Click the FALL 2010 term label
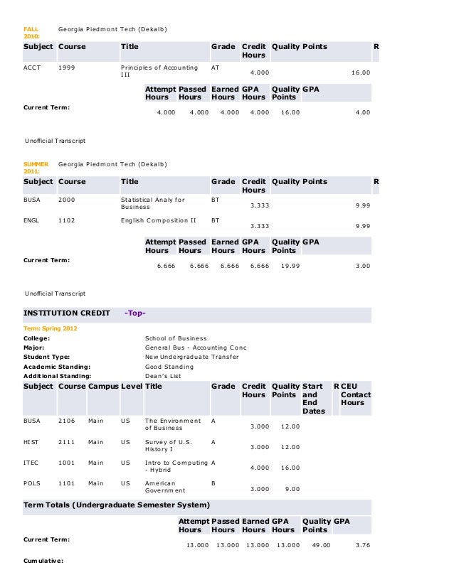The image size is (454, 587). [x=31, y=31]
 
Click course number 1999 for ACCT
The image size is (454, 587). [x=66, y=68]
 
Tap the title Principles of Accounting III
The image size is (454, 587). [x=159, y=72]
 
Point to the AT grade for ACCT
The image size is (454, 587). [x=216, y=68]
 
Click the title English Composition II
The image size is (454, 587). [x=159, y=220]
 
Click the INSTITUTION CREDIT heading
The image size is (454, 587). [x=67, y=313]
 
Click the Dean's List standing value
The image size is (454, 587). [x=165, y=375]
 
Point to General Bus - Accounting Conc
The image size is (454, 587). [x=190, y=348]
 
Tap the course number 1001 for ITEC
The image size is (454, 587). [x=66, y=462]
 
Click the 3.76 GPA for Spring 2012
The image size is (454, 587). [x=362, y=545]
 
